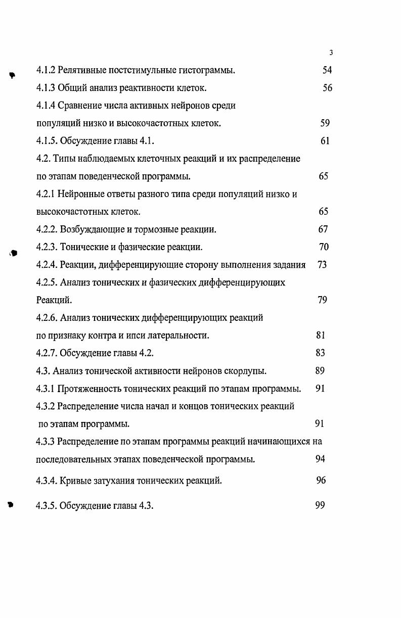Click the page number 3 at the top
330,53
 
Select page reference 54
327,70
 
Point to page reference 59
325,123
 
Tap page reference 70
324,247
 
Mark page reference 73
322,265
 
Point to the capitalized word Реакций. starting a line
54,300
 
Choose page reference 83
320,353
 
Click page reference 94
320,459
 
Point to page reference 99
320,505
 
